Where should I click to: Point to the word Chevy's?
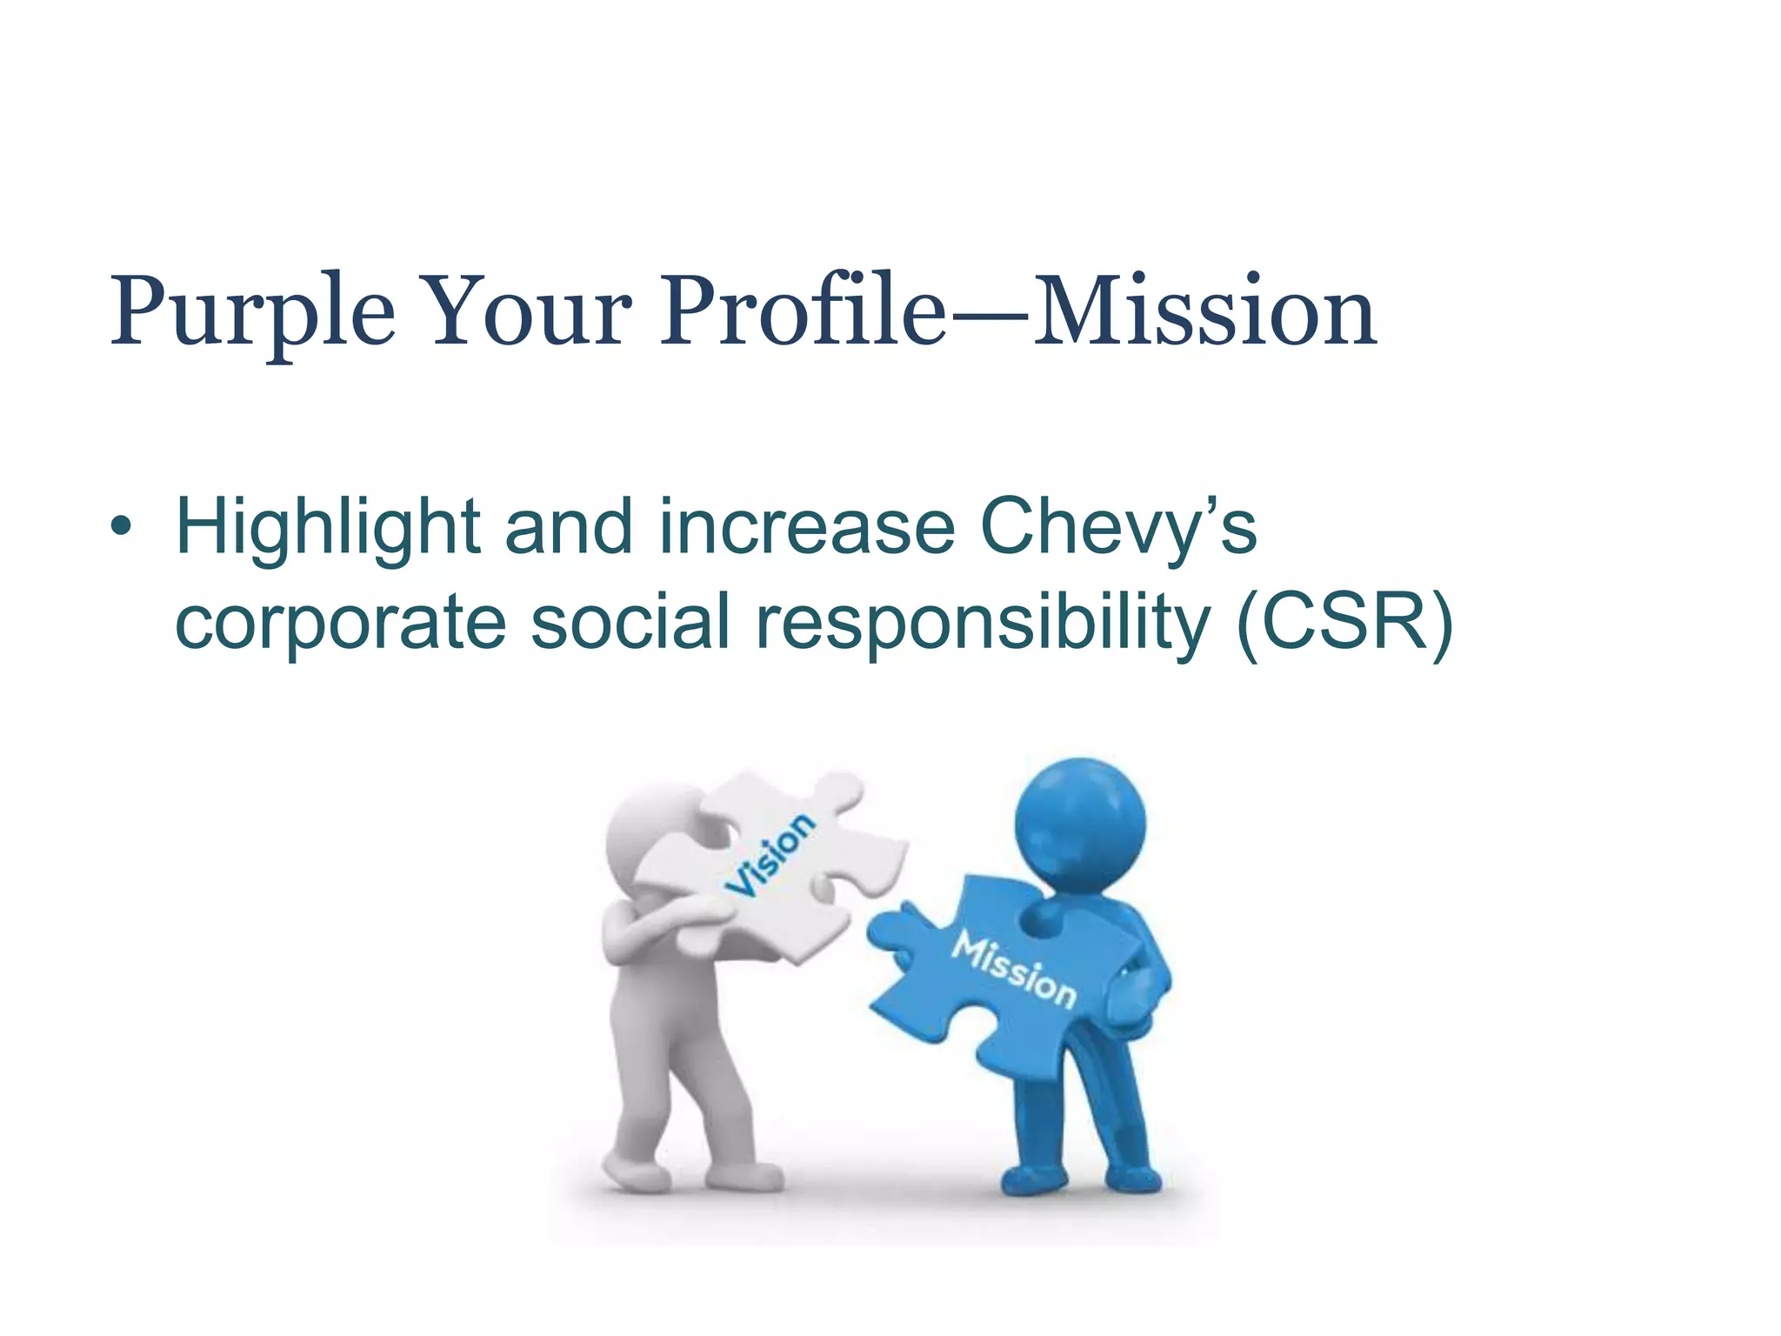(x=1118, y=529)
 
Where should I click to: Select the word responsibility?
(x=983, y=623)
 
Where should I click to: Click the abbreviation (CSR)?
(x=1344, y=621)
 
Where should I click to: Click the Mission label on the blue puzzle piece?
(x=1014, y=968)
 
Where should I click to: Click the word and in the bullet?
(x=569, y=529)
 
